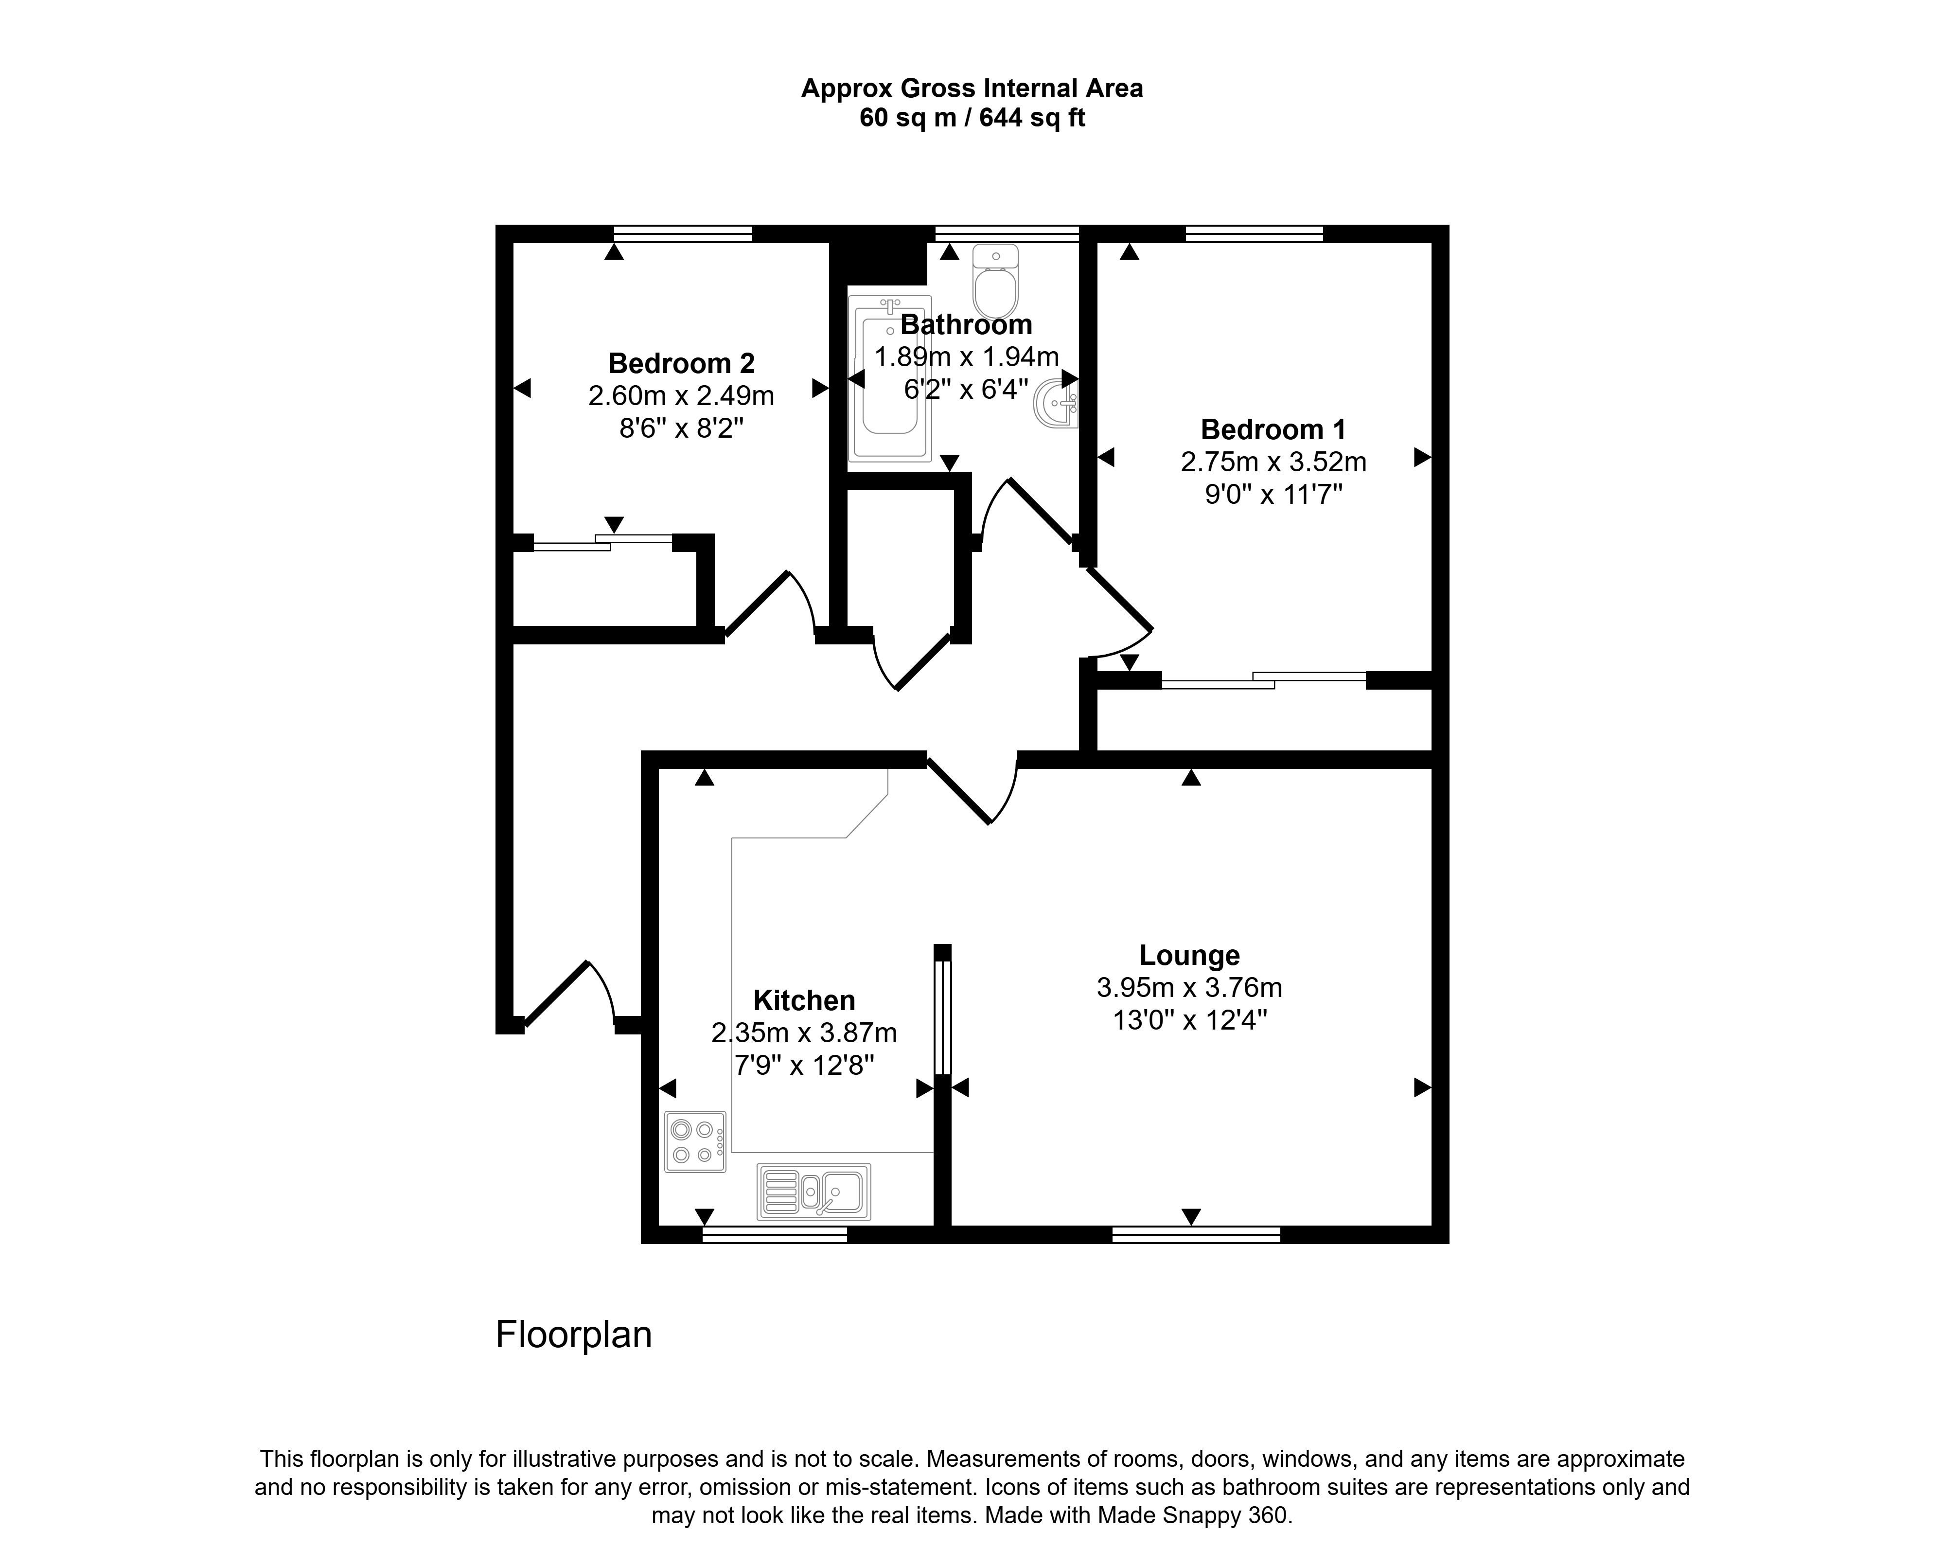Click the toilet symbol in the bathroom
coord(996,282)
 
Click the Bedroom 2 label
coord(681,364)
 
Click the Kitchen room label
coord(804,1000)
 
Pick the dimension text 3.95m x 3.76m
coord(1189,988)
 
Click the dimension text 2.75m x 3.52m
coord(1273,462)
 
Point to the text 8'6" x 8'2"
coord(681,427)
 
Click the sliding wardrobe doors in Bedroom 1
coord(1263,680)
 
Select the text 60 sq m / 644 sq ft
coord(972,118)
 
